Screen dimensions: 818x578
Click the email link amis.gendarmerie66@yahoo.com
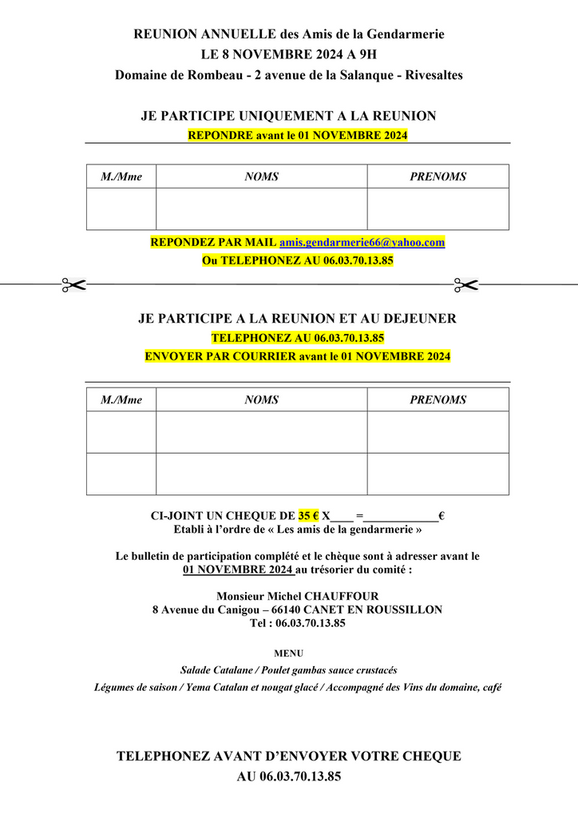coord(362,242)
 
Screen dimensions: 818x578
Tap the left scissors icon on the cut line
coord(73,284)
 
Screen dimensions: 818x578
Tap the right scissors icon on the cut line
coord(465,284)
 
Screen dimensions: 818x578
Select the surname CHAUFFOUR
coord(344,596)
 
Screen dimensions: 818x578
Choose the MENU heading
coord(288,653)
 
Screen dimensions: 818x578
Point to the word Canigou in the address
coord(232,610)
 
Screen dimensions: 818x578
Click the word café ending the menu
coord(490,687)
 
